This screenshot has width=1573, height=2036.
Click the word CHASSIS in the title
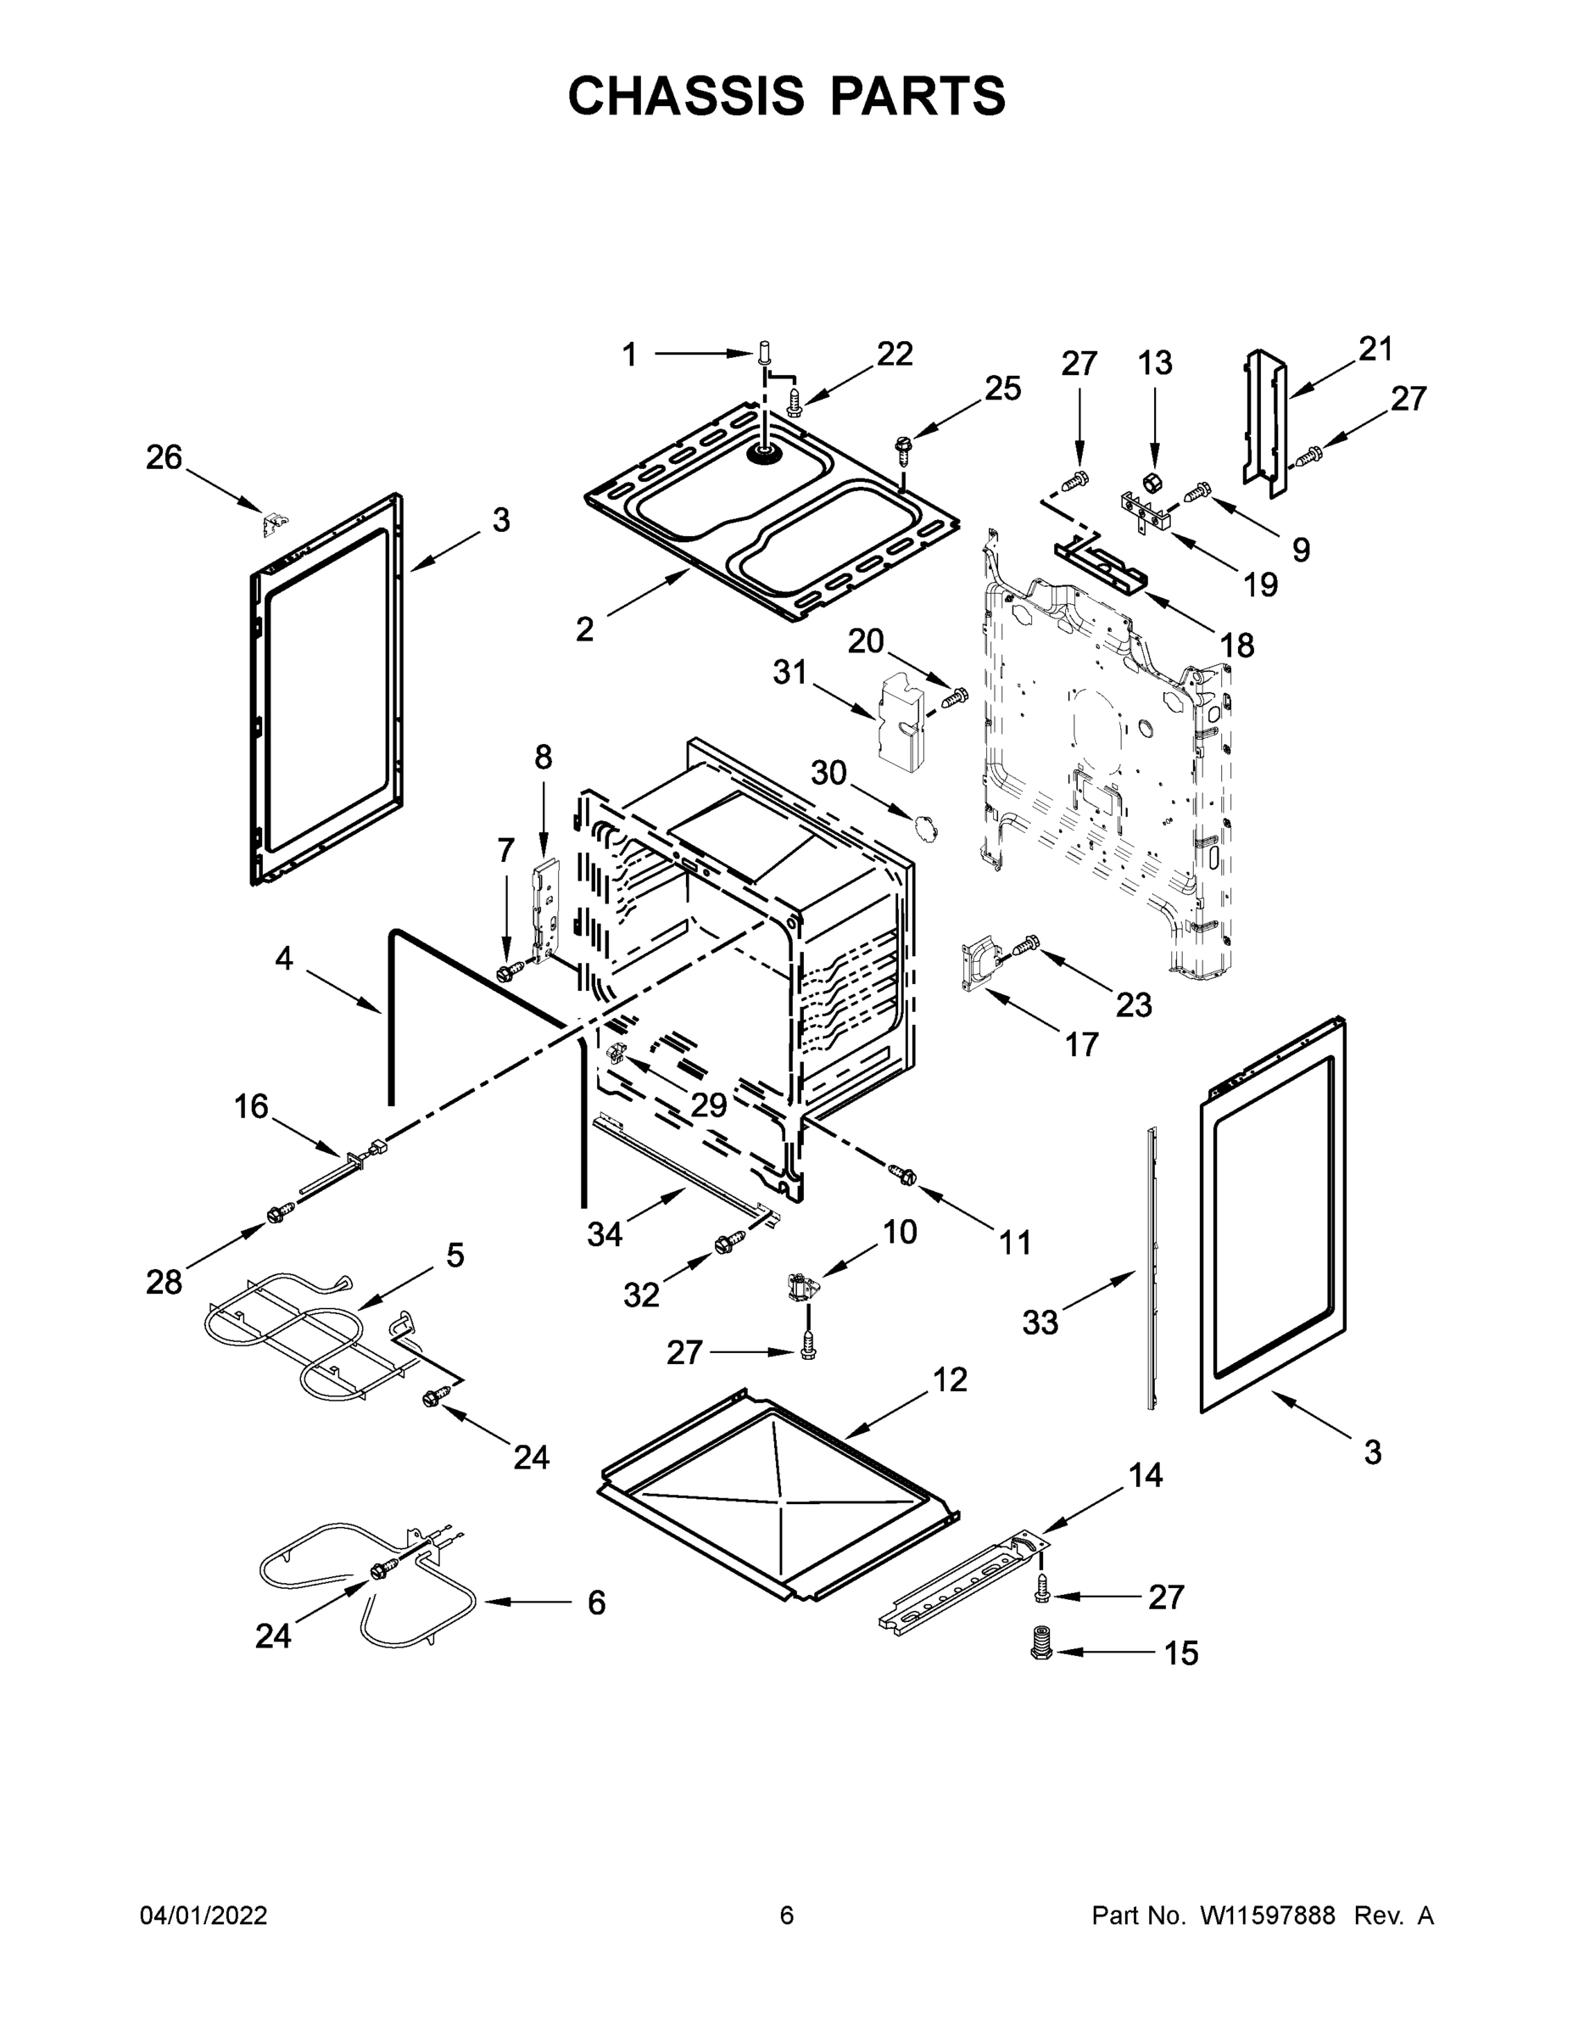(x=686, y=96)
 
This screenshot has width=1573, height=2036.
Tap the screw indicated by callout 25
(x=902, y=449)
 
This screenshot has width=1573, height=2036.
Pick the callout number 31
(x=789, y=671)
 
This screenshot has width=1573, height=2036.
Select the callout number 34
(x=604, y=1234)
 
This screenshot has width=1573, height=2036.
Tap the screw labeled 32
(x=728, y=1243)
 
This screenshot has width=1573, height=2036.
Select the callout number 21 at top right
(x=1375, y=349)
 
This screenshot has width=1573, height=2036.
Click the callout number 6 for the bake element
(x=596, y=1603)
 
